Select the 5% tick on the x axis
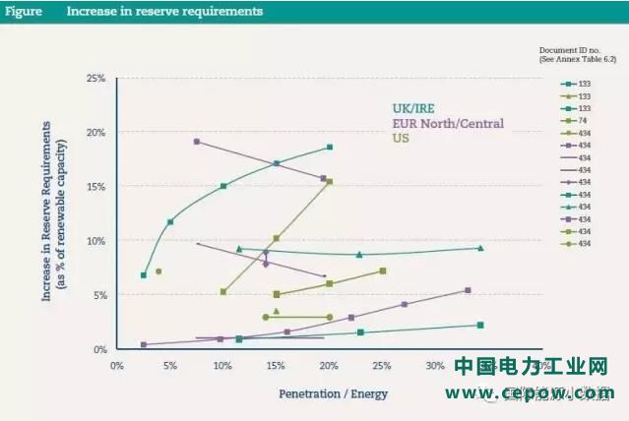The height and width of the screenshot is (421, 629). tap(170, 366)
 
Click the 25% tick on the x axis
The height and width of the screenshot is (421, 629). tap(382, 366)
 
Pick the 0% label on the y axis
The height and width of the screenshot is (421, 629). tap(99, 349)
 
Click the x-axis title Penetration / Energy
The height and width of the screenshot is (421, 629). tap(333, 394)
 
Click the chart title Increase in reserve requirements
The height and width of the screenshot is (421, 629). tap(164, 12)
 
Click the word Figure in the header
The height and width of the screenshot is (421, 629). tap(24, 12)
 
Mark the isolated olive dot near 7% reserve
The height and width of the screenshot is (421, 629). tap(157, 271)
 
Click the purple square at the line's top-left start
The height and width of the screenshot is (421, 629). tap(197, 142)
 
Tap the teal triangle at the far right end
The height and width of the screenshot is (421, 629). tap(480, 248)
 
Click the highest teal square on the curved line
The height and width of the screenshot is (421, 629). tap(330, 148)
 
